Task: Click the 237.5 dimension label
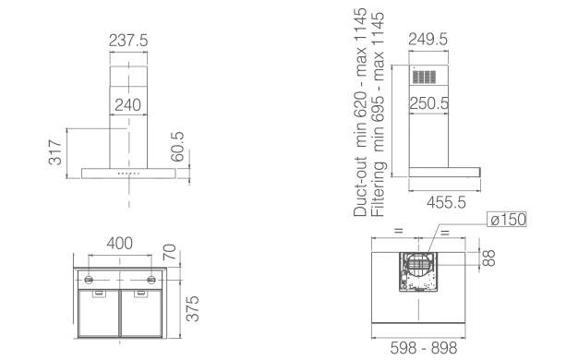coord(128,41)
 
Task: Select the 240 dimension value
coord(128,105)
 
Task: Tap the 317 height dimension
coord(55,152)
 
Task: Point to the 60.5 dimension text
coord(177,147)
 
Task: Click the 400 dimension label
coord(120,243)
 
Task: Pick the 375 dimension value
coord(192,308)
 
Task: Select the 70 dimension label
coord(170,252)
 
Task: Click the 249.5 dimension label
coord(428,40)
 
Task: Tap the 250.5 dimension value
coord(429,103)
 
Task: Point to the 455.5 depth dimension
coord(446,202)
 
